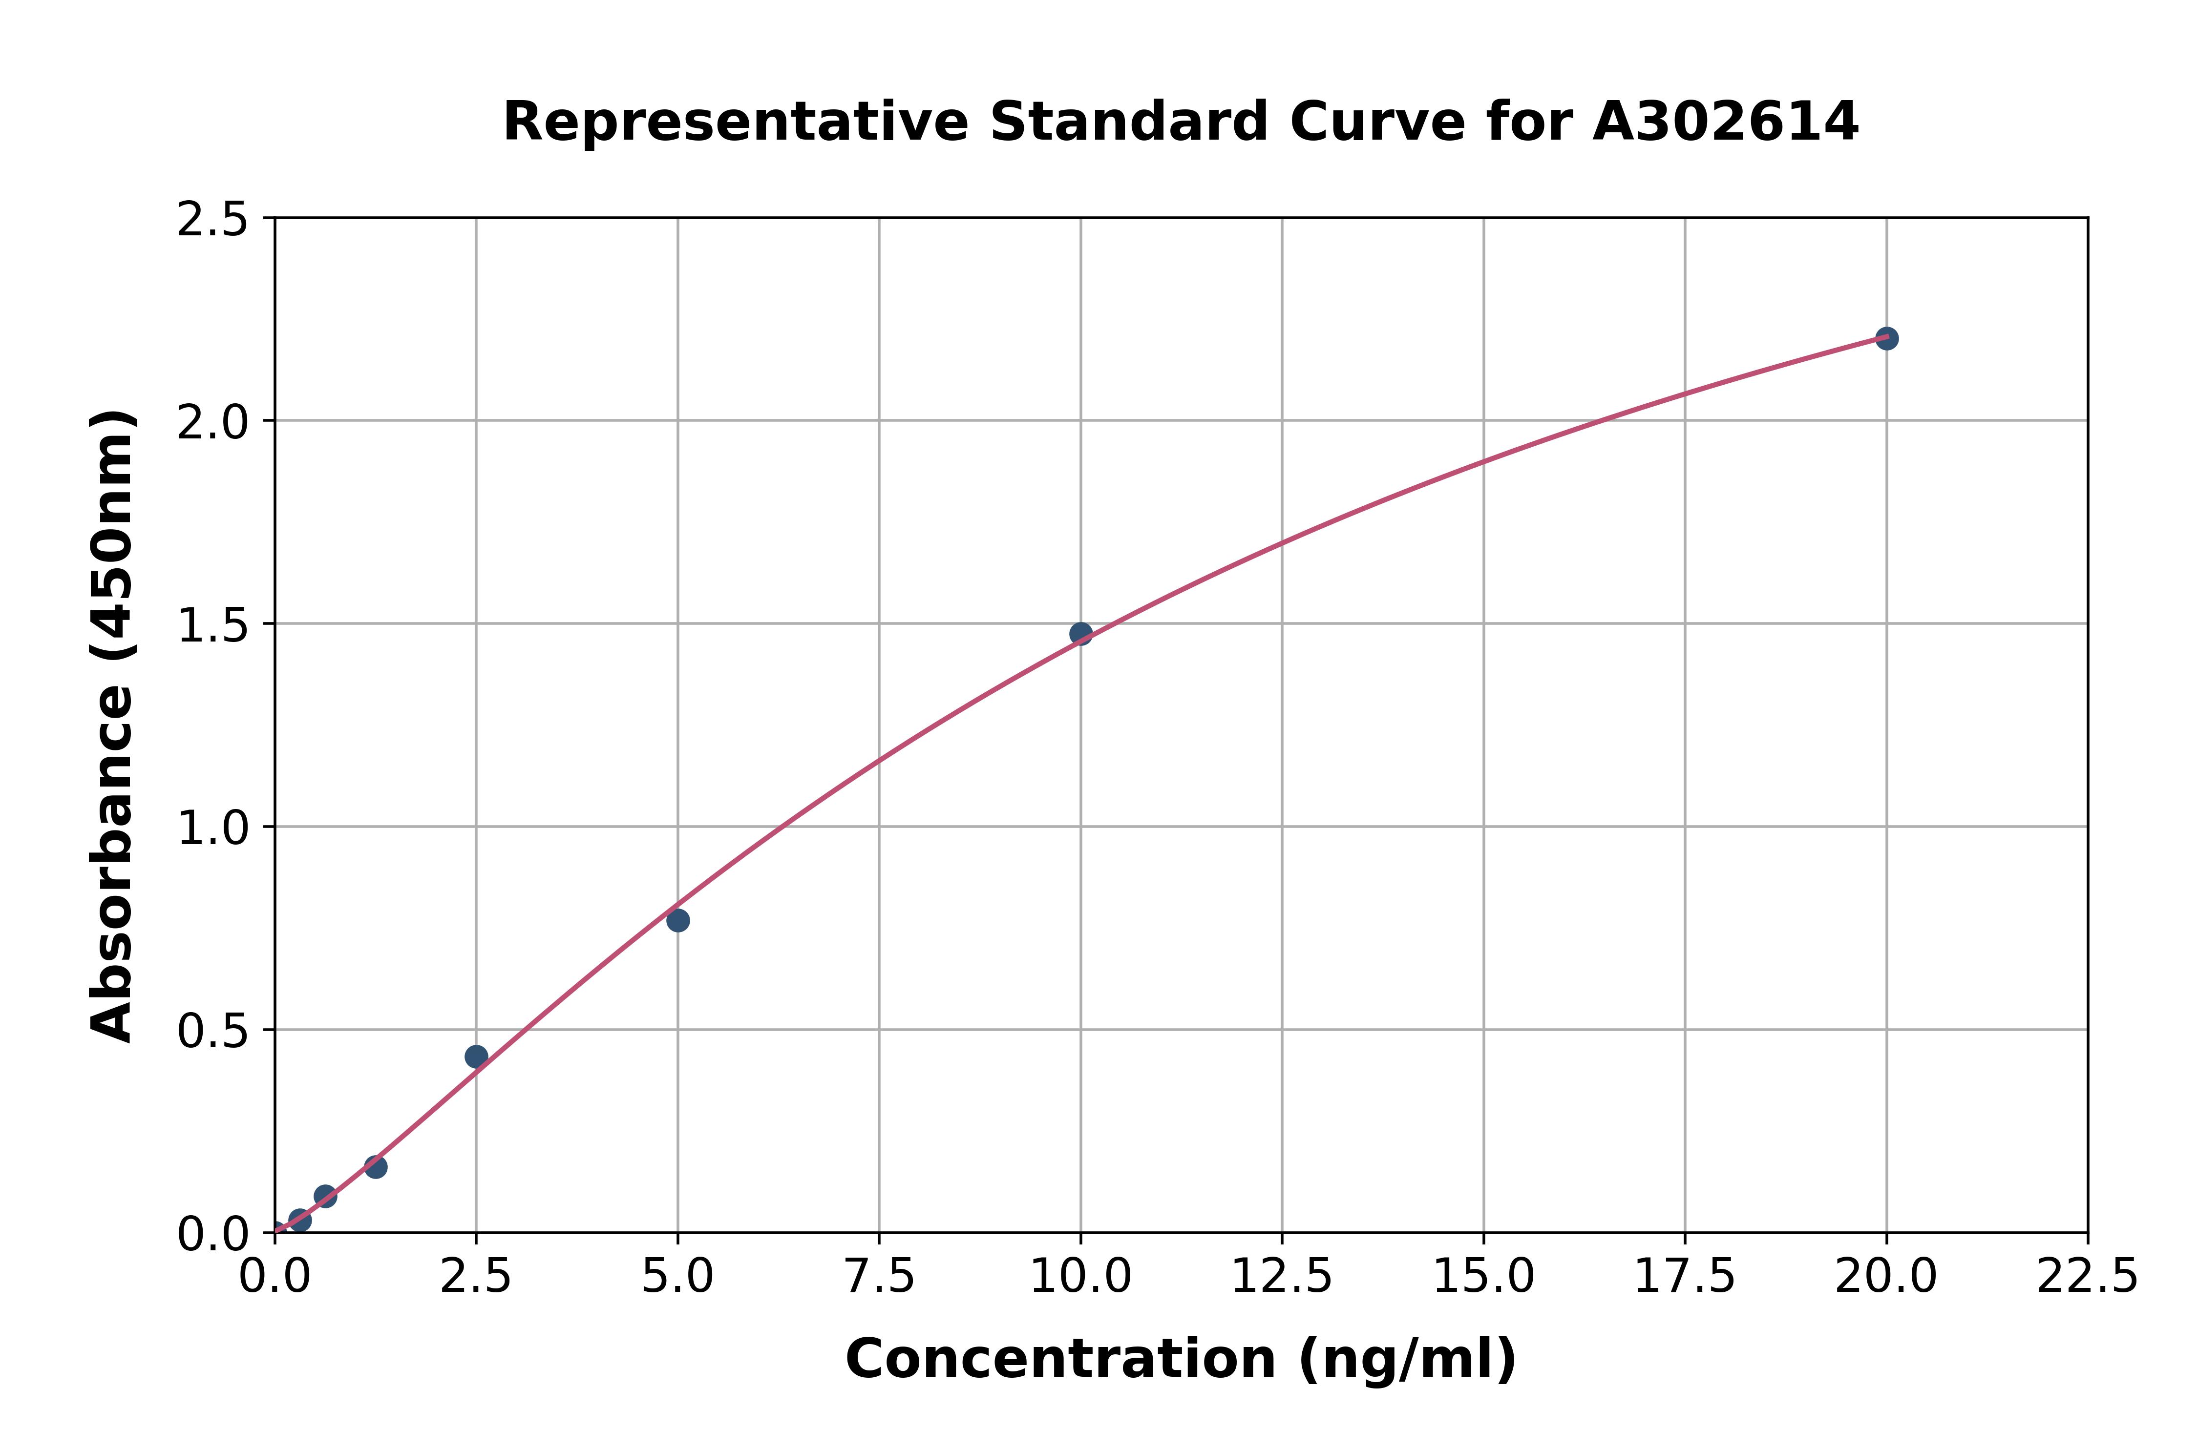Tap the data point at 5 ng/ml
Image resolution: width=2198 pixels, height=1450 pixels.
(x=678, y=920)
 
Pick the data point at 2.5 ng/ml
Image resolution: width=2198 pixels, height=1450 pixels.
(x=476, y=1056)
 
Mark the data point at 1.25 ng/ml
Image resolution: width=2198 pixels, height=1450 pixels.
(x=376, y=1166)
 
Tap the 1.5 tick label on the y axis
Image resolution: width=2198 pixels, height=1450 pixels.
(x=213, y=625)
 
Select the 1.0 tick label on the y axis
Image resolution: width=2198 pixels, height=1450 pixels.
(x=213, y=828)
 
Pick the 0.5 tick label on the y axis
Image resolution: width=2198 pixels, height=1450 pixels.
(x=213, y=1030)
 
